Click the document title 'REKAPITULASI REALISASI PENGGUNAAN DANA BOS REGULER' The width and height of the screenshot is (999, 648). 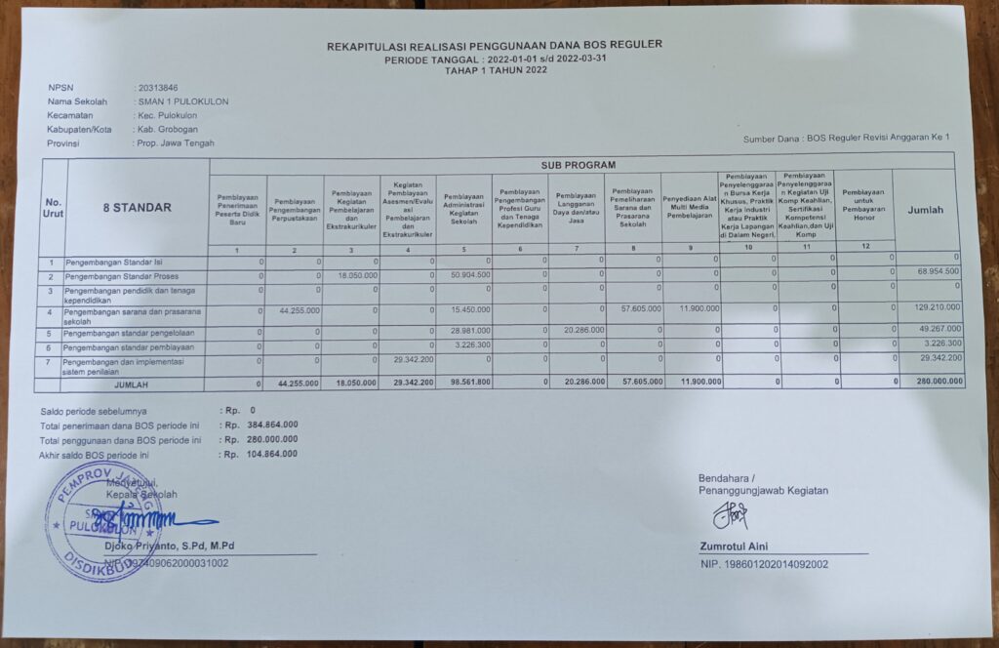495,44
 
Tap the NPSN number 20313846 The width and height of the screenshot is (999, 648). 158,88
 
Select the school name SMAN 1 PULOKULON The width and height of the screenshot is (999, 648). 183,101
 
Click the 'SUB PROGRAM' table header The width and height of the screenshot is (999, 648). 579,165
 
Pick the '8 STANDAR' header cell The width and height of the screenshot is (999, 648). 137,208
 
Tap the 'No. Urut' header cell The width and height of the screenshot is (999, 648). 53,208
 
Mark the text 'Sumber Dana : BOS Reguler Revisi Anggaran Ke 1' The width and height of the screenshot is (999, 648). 846,139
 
